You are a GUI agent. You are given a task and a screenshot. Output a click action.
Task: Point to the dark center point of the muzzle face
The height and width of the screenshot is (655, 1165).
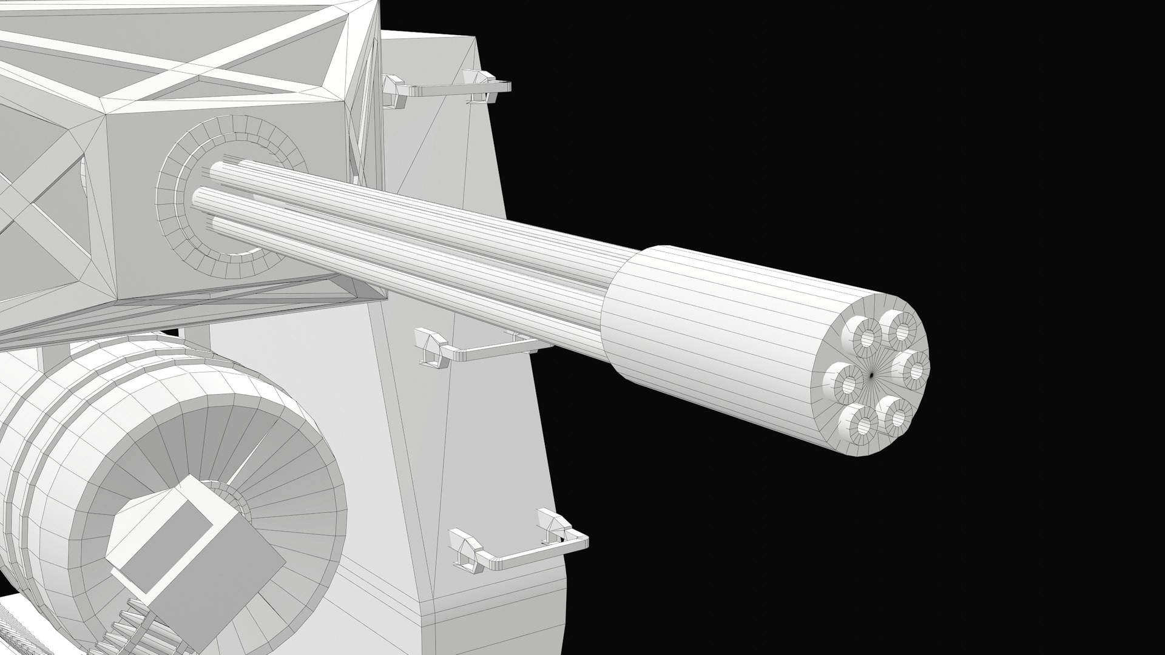(x=872, y=375)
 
